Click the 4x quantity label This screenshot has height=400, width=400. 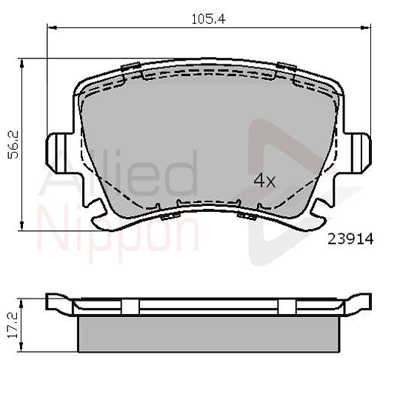point(264,180)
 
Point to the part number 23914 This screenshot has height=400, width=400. point(346,239)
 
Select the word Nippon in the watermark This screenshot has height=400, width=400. point(119,231)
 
